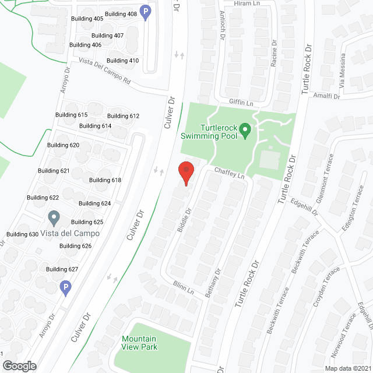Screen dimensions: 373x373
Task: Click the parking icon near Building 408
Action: point(146,11)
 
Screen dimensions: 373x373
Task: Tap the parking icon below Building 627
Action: point(66,287)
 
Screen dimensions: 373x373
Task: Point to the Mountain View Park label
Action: point(139,343)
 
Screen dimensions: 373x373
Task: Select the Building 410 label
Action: point(122,61)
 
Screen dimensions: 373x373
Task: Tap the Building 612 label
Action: point(123,116)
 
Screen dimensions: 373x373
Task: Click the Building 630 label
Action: point(22,234)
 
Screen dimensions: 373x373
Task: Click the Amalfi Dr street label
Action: point(326,96)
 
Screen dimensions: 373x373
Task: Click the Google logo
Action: point(19,366)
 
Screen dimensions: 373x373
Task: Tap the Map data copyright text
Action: point(347,368)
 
